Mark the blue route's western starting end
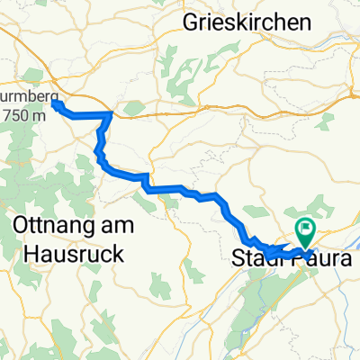[55, 104]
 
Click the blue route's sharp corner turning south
[110, 114]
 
